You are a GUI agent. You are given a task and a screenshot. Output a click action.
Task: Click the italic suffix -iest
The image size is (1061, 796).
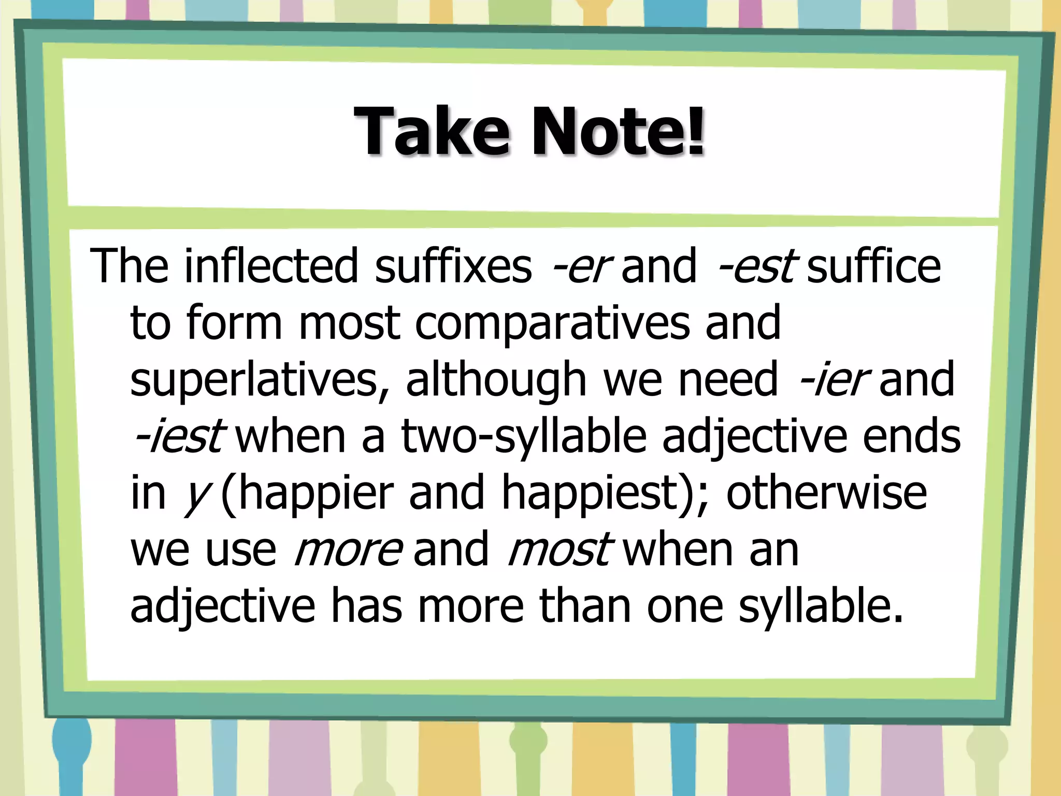point(179,437)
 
